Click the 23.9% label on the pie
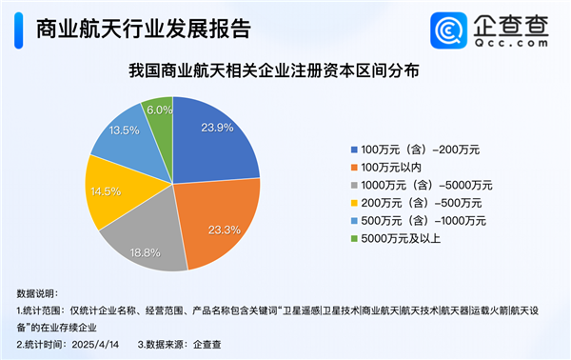click(217, 128)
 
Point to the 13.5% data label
click(124, 130)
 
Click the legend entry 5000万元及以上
click(396, 239)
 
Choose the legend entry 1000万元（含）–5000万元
click(422, 185)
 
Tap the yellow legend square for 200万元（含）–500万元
click(354, 203)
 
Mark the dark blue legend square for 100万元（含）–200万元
click(354, 150)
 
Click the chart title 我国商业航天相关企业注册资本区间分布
click(274, 70)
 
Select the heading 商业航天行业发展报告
click(144, 29)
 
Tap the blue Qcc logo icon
click(448, 30)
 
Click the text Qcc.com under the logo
click(511, 43)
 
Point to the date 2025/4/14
click(95, 345)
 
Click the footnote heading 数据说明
click(36, 293)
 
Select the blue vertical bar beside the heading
click(19, 30)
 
